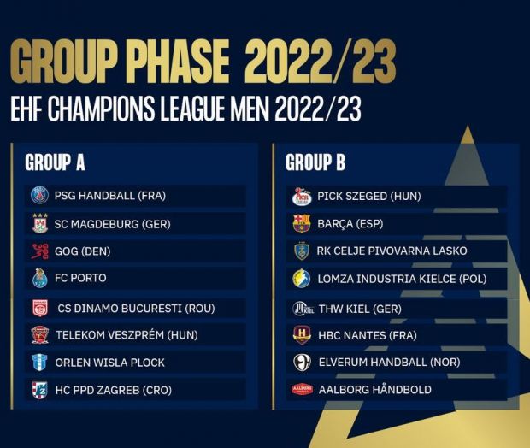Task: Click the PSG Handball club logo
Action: point(39,196)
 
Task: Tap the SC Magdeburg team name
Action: point(113,224)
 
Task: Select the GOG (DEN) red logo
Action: point(40,251)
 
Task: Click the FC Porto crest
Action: point(40,278)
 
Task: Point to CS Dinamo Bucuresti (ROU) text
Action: point(136,309)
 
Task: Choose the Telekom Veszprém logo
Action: point(40,335)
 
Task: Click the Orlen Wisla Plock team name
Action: point(110,363)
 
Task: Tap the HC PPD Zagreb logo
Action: point(40,390)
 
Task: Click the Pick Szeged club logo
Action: point(302,197)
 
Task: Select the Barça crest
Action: point(302,223)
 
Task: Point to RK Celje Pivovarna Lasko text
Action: point(392,251)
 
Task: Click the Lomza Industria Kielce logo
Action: point(302,279)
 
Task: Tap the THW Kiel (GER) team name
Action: point(361,309)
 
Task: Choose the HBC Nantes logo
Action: point(302,335)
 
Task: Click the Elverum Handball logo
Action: point(302,363)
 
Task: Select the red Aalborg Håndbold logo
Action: point(302,390)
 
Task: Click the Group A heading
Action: point(55,162)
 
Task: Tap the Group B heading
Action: point(315,162)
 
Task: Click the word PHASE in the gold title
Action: point(180,61)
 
